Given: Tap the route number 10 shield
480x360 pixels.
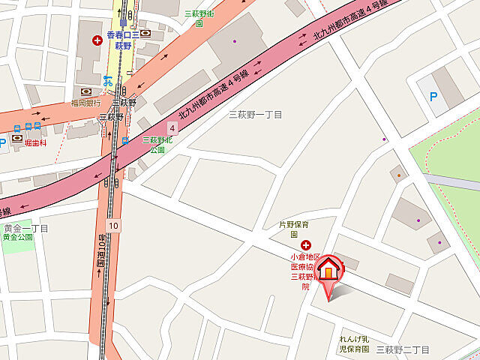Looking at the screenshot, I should pos(112,225).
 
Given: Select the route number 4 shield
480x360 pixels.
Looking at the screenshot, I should pos(172,130).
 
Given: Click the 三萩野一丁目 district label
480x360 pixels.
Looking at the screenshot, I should pos(256,114).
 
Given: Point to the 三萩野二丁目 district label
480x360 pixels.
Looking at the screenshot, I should pos(402,349).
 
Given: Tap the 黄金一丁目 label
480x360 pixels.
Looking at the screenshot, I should pos(25,228).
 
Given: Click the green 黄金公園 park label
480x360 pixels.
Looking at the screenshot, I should pos(18,237).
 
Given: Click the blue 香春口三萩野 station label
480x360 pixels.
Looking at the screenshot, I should pos(123,40).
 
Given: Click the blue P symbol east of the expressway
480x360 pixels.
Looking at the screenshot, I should pos(433,95).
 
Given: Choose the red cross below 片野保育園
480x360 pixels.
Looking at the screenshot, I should pos(305,245).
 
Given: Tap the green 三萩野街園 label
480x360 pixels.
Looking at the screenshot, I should pos(199,17).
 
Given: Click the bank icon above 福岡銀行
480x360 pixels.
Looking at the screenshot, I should pos(85,91).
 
